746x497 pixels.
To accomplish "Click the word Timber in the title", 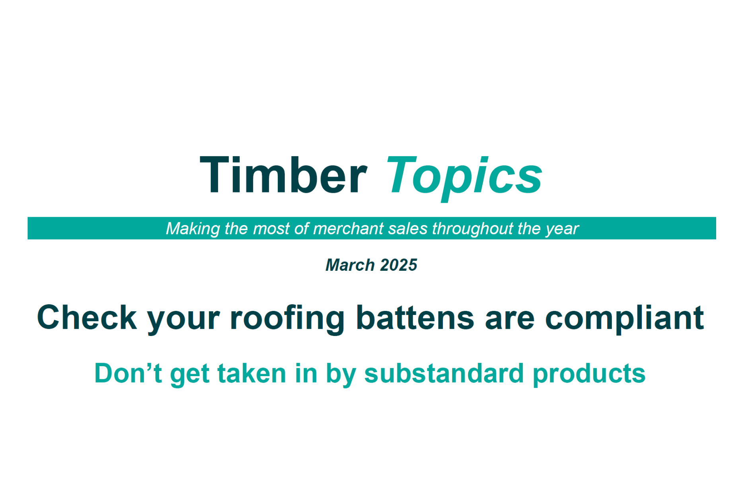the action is (x=283, y=175).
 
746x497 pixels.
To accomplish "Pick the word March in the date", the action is (x=350, y=265).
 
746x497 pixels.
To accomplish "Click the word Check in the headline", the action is (x=87, y=318).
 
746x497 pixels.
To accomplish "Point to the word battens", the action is (x=415, y=318).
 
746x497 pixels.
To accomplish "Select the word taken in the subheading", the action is (x=252, y=373).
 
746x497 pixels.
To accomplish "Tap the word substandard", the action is (x=444, y=373).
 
